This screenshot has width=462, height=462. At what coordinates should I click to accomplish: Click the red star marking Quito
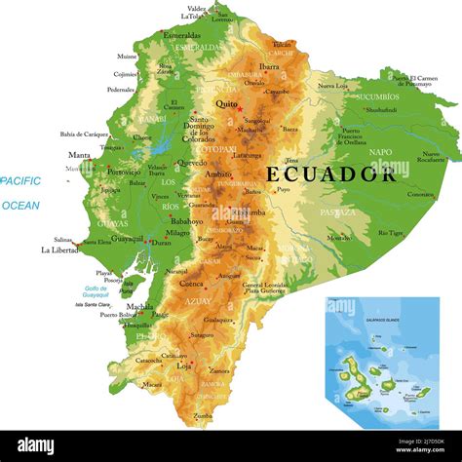(240, 107)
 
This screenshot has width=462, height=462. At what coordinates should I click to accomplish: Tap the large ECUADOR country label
(331, 174)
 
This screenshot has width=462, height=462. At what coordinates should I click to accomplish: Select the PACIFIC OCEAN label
(20, 193)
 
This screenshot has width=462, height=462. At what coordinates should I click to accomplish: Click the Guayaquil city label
(128, 238)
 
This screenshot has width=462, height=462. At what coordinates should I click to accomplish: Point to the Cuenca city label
(192, 284)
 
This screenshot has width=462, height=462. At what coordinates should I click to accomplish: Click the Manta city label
(79, 155)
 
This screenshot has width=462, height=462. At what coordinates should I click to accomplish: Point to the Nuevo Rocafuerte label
(429, 156)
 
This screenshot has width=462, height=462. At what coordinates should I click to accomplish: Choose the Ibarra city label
(269, 66)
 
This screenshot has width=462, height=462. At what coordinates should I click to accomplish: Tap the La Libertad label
(59, 250)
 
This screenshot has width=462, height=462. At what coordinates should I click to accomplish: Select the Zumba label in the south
(202, 416)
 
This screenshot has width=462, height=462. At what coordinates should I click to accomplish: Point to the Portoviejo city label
(123, 172)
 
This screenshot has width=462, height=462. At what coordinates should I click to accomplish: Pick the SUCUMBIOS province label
(378, 96)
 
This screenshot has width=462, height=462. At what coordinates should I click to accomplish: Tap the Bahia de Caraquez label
(84, 134)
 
